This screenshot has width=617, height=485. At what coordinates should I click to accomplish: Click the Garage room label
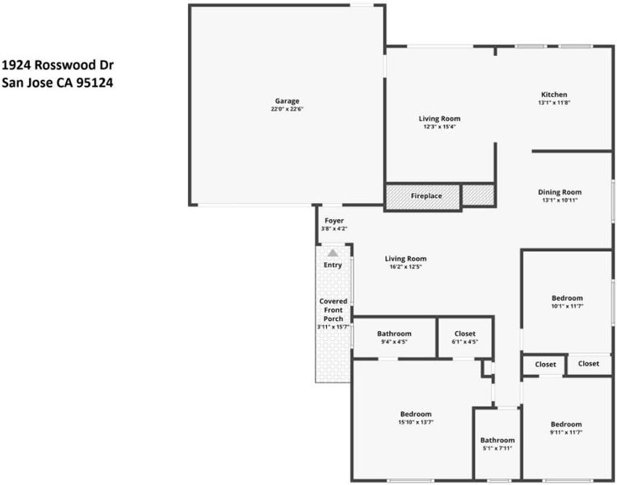click(x=287, y=101)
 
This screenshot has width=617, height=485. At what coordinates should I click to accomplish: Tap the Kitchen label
click(x=554, y=95)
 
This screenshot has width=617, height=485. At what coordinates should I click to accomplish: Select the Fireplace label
click(x=426, y=196)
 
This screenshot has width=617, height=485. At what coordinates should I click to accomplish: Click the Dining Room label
click(x=560, y=192)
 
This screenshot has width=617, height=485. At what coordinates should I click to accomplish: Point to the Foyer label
click(x=334, y=221)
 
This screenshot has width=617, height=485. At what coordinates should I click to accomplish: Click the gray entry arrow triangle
click(x=333, y=252)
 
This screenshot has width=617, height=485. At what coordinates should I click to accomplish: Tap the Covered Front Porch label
click(x=334, y=310)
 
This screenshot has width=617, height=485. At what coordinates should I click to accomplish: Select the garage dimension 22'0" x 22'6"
click(x=287, y=109)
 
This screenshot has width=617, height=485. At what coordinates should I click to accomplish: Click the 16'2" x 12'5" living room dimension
click(x=405, y=267)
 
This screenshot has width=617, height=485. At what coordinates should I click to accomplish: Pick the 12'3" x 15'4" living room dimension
click(x=439, y=127)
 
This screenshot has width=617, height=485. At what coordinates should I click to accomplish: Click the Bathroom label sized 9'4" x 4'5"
click(x=394, y=334)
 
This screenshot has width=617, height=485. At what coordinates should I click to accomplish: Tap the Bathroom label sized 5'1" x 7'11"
click(x=497, y=441)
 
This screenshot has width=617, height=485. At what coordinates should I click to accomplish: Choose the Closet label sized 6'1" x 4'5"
click(x=464, y=334)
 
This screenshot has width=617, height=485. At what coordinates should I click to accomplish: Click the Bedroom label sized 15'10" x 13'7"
click(x=416, y=414)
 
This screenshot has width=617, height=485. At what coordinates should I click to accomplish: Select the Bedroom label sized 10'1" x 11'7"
click(x=567, y=298)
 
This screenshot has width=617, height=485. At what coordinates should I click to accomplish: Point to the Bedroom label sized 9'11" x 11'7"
click(x=566, y=424)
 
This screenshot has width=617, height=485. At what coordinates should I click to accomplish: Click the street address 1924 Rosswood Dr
click(x=58, y=65)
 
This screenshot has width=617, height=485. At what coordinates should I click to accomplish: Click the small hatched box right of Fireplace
click(x=478, y=196)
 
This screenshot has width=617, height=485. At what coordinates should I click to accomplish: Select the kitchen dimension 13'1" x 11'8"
click(x=554, y=103)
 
